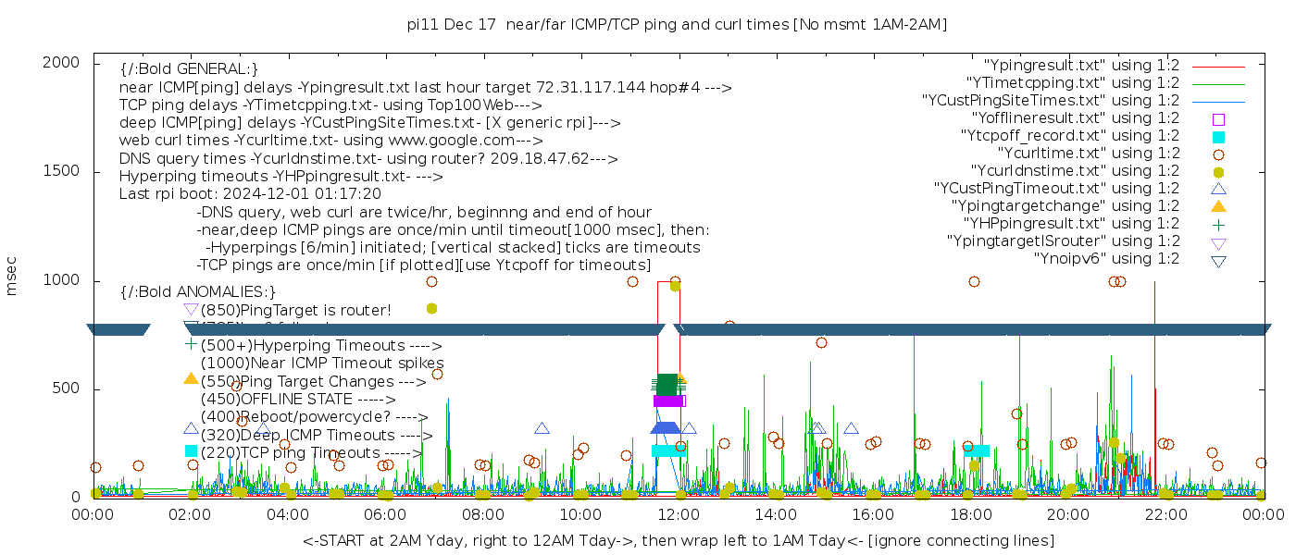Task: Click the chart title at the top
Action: (x=677, y=24)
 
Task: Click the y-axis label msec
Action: (x=12, y=275)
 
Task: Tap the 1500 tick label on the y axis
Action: (x=60, y=171)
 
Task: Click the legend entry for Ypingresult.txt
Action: (x=1081, y=66)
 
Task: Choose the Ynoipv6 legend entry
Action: (x=1106, y=259)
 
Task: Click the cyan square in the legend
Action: (x=1218, y=137)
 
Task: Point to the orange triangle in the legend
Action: (x=1218, y=206)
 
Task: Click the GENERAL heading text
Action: (x=189, y=69)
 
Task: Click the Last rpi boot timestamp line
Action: (x=250, y=194)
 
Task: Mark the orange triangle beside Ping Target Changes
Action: (x=191, y=379)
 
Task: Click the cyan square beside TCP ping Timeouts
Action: (x=191, y=451)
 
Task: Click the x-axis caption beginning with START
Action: (x=678, y=540)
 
